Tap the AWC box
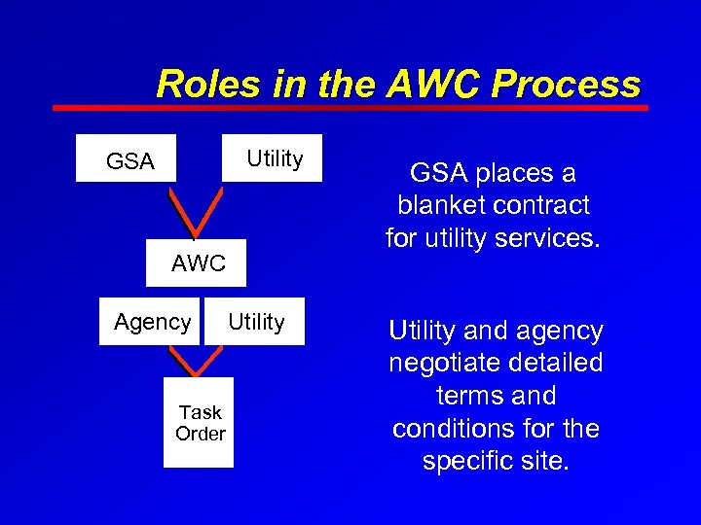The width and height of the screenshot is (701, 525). click(x=198, y=263)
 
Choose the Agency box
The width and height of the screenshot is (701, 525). click(x=152, y=322)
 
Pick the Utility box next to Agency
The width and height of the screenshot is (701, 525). click(x=256, y=322)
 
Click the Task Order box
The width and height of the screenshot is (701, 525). click(x=200, y=423)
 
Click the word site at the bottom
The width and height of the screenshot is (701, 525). click(x=544, y=461)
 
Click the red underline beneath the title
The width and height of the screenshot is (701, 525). click(x=350, y=108)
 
